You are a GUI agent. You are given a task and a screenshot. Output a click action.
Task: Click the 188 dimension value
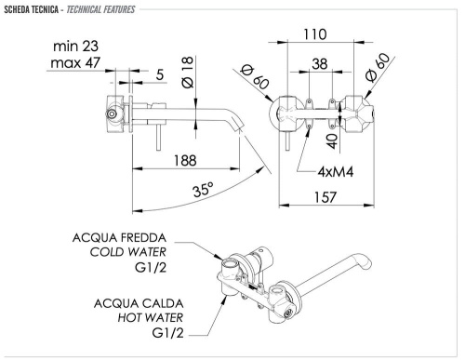[187, 159]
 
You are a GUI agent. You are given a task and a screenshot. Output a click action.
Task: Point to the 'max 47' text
[77, 63]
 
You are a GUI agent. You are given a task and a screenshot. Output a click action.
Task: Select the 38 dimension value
[320, 66]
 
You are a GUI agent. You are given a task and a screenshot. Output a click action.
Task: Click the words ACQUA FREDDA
[122, 237]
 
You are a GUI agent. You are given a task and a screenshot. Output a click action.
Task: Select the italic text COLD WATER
[128, 253]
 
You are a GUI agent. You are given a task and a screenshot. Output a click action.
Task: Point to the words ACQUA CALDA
[138, 304]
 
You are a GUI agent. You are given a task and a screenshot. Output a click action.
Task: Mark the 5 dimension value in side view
[160, 74]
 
